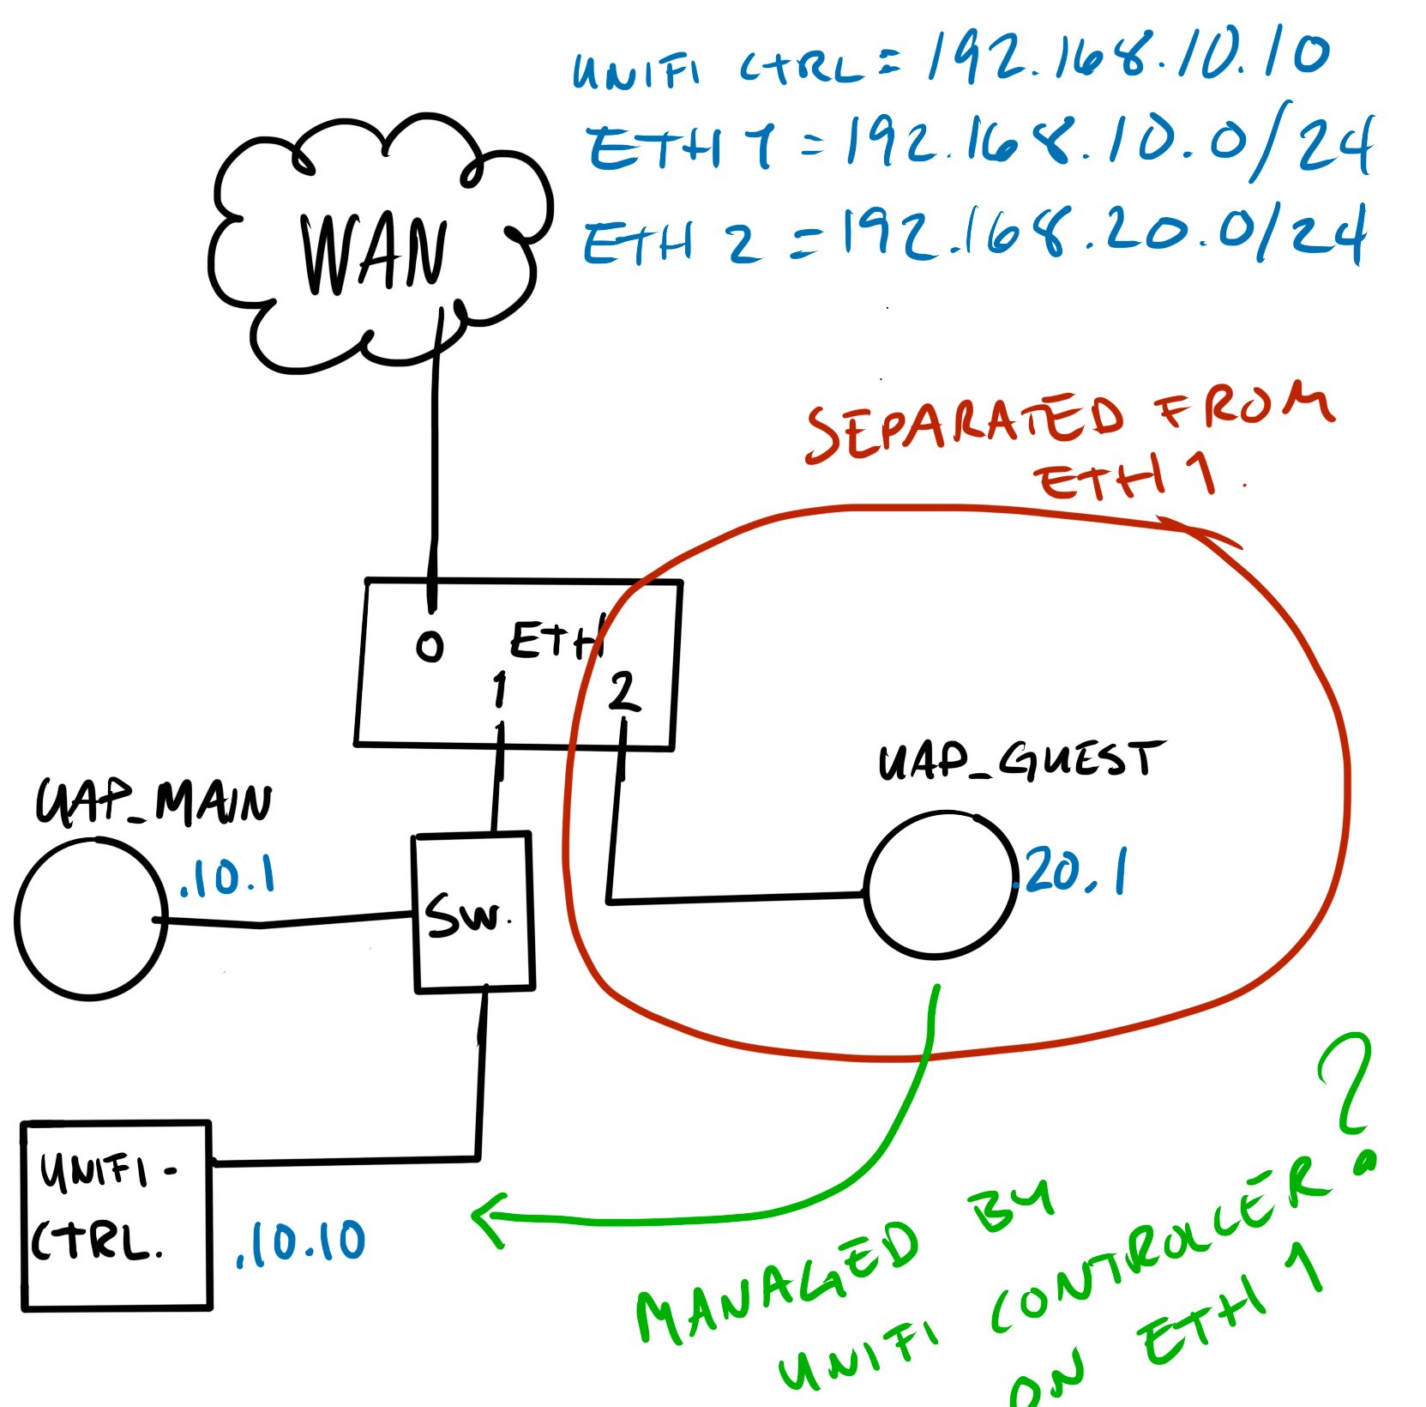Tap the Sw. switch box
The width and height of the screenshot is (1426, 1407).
[x=473, y=912]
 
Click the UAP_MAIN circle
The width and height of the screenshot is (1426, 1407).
[x=90, y=919]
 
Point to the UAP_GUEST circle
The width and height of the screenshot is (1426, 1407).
[x=939, y=884]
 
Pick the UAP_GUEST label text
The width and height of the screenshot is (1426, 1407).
[x=1020, y=761]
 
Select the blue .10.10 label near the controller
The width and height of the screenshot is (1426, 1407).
[x=300, y=1243]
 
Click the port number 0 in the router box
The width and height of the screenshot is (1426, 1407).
[x=430, y=646]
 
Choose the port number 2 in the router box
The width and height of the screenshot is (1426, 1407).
[x=623, y=692]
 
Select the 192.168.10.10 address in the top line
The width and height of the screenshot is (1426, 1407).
[x=1128, y=56]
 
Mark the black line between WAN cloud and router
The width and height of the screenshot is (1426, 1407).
[x=435, y=455]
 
